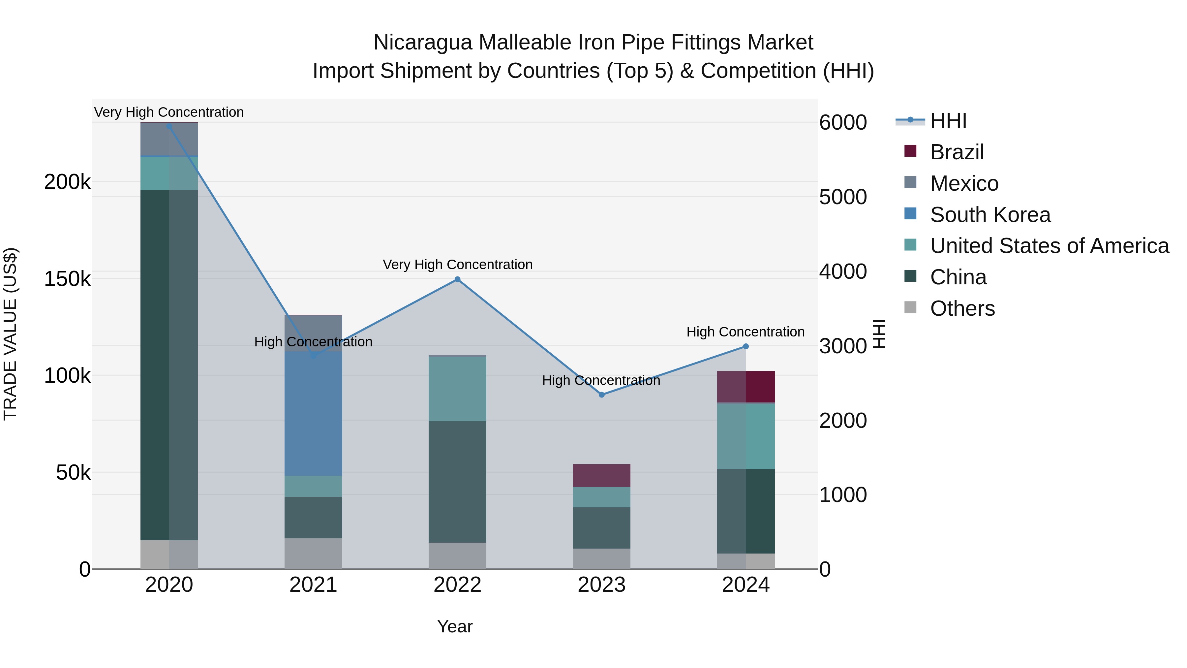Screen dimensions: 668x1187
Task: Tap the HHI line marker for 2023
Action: click(601, 395)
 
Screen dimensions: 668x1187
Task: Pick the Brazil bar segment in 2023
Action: click(601, 475)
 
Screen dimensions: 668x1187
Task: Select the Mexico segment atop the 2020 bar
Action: click(169, 139)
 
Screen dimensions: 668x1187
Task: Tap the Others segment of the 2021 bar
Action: click(313, 553)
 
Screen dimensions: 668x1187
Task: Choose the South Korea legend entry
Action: click(990, 215)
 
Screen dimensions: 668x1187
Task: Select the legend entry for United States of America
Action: click(1049, 246)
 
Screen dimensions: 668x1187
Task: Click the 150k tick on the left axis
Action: click(67, 279)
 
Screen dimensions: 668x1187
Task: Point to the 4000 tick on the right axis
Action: click(843, 271)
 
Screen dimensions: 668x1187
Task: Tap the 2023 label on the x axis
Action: click(601, 585)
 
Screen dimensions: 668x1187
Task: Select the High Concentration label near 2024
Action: click(745, 332)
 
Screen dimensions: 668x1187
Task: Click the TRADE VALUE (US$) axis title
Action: click(10, 334)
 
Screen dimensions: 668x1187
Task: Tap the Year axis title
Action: click(454, 626)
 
